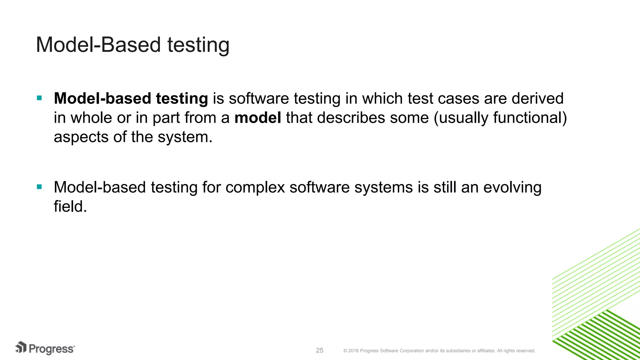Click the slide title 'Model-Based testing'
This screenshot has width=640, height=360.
click(132, 45)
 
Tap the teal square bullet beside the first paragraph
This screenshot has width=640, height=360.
click(39, 98)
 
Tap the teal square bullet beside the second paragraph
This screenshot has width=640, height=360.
click(39, 187)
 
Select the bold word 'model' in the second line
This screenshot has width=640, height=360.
click(257, 118)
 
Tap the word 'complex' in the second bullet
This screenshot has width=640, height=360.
click(255, 187)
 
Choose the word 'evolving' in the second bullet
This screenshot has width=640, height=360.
click(512, 187)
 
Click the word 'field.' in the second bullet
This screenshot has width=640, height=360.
click(70, 207)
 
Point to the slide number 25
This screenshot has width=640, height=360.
click(320, 350)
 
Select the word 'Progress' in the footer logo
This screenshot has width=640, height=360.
click(52, 349)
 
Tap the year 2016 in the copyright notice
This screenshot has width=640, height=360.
click(353, 351)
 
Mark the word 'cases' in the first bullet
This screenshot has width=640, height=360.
click(458, 98)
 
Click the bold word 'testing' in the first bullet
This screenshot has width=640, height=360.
click(182, 98)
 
